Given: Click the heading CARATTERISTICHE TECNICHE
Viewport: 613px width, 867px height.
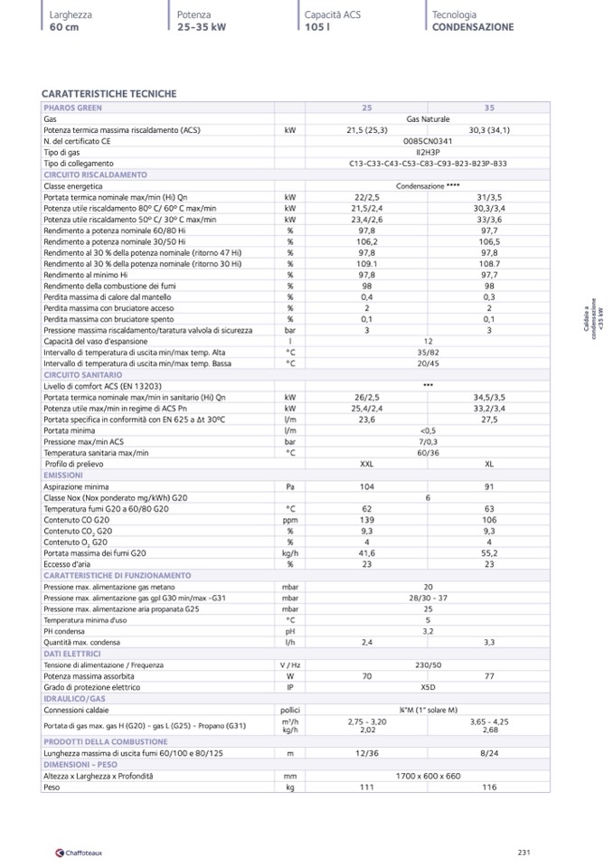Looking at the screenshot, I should point(109,94).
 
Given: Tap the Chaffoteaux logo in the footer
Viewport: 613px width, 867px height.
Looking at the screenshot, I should point(80,853).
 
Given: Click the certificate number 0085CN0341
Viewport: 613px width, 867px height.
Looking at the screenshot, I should point(428,141).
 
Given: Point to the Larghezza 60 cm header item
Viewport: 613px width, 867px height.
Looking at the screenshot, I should point(71,21).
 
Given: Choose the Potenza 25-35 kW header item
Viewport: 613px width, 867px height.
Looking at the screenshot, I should point(201,21).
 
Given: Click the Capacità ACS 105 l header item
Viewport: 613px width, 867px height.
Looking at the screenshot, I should point(327,21).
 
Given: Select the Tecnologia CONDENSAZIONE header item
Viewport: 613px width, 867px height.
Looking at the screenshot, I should point(472,21).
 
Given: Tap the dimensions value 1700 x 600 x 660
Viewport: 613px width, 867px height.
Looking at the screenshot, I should point(428,776).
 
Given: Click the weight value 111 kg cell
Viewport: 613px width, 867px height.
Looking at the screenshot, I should point(367,787).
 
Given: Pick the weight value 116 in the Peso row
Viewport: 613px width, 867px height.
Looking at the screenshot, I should point(489,787).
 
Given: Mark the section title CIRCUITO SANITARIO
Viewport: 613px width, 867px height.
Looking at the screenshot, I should point(82,373).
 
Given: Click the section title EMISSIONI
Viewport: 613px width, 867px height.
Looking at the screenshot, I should point(63,475).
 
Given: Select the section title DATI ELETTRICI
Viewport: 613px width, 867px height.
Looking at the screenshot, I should point(71,653).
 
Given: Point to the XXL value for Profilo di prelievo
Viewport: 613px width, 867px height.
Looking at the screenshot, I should point(367,464).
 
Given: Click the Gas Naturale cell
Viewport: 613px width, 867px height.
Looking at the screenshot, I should point(428,119).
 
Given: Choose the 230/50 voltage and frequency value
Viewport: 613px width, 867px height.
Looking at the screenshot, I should point(428,664).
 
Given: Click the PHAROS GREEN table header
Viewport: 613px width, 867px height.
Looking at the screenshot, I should point(73,108).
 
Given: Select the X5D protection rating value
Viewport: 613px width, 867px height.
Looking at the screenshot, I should point(428,687).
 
